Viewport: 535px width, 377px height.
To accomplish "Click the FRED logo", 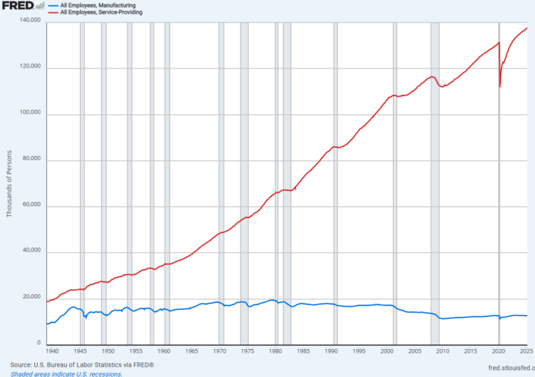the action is coord(23,6).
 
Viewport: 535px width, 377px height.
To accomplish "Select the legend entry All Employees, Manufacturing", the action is coord(98,6).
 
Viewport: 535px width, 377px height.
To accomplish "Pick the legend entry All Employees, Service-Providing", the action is coord(101,13).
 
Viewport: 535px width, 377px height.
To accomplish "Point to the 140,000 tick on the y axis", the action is coord(30,20).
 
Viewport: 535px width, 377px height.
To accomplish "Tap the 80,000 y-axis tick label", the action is coord(31,158).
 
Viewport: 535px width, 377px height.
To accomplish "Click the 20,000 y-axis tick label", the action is coord(31,297).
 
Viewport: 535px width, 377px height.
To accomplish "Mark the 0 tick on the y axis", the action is coord(39,343).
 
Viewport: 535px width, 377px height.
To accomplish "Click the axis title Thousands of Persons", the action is coord(9,183).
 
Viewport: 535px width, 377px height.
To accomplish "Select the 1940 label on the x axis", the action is coord(52,351).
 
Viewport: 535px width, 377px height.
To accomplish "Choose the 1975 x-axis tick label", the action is coord(247,351).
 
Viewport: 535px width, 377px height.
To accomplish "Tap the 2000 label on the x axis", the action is coord(387,351).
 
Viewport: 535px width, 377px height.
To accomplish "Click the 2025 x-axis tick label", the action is coord(526,351).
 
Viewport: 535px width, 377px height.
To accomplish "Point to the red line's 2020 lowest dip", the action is coord(500,86).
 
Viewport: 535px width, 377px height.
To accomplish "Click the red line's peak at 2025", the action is coord(527,29).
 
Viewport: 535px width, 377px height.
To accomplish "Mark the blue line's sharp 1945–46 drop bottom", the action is coord(86,318).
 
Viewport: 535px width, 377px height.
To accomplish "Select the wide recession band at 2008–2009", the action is coord(435,183).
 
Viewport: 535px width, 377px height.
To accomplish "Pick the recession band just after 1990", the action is coord(335,183).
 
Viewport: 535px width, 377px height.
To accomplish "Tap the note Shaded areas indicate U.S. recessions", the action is coord(66,374).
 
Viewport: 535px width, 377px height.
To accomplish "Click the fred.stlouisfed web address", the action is coord(511,368).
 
